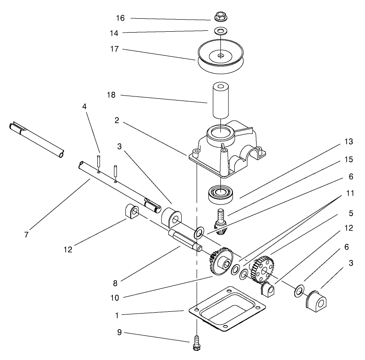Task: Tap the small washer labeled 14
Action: [219, 31]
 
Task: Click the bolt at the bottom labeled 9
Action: [197, 343]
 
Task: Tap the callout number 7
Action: [26, 234]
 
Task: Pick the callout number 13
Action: [348, 142]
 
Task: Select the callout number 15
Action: [348, 159]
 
